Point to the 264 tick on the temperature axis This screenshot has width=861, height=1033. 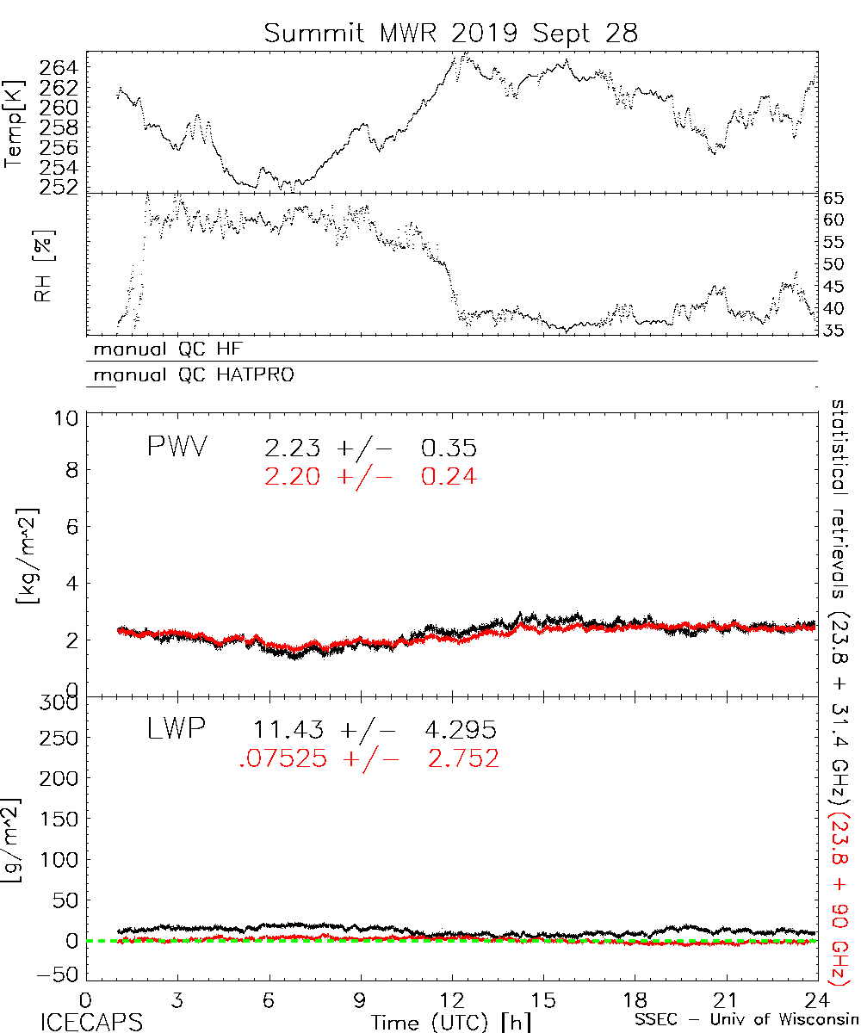(59, 68)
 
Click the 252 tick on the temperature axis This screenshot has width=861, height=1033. (59, 186)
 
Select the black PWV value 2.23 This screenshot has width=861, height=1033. (294, 448)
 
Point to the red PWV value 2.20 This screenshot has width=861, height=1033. (294, 475)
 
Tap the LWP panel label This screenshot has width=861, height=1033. (176, 730)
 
